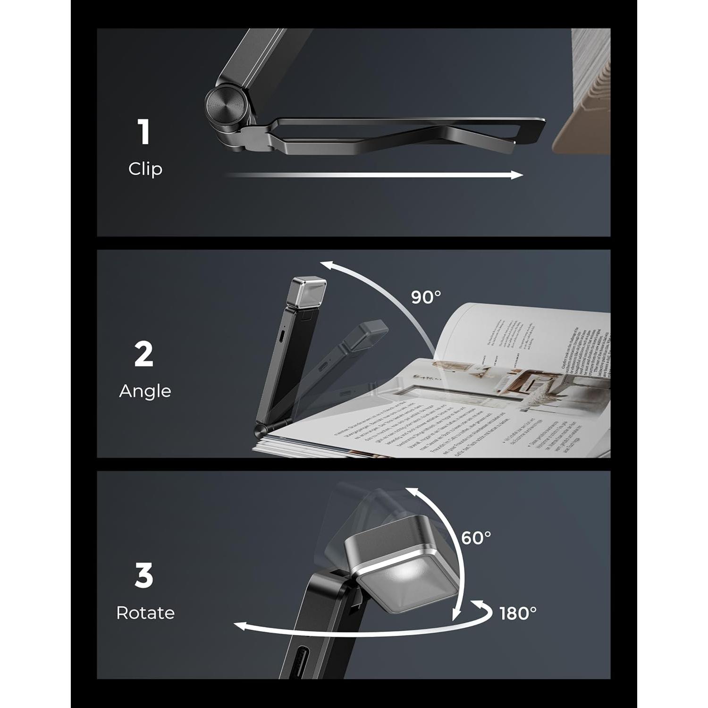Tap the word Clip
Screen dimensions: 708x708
(145, 169)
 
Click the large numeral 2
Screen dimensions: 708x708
(144, 354)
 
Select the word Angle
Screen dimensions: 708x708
(145, 391)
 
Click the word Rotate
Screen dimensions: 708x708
(145, 613)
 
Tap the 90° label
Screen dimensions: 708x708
(426, 297)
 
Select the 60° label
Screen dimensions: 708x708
(476, 538)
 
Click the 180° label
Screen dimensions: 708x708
(518, 613)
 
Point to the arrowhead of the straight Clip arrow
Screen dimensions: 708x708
(517, 175)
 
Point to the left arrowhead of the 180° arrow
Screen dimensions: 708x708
(240, 626)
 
